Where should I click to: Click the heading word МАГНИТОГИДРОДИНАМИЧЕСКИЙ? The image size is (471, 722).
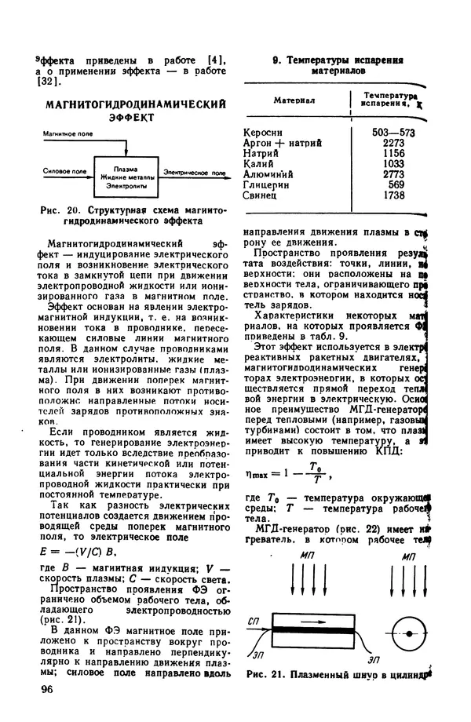point(135,104)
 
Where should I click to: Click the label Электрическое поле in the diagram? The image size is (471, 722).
point(192,170)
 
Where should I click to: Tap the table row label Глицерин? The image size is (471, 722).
point(268,184)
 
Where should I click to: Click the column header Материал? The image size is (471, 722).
point(294,100)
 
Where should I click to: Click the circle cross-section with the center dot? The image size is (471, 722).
point(408,631)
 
